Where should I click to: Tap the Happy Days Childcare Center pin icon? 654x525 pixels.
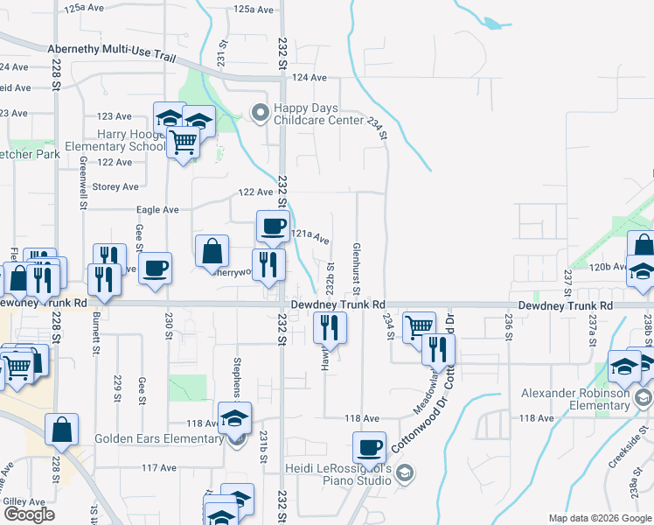(x=260, y=111)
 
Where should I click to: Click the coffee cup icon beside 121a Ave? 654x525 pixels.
(x=273, y=227)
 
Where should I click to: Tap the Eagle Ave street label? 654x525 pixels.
(x=157, y=210)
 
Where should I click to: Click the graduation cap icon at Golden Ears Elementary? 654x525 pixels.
(x=235, y=418)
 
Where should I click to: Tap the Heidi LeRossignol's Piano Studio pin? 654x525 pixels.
(x=404, y=473)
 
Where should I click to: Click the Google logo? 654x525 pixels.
(x=29, y=514)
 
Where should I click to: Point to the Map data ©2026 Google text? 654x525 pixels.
(x=599, y=518)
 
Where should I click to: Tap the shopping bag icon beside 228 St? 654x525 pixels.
(x=61, y=430)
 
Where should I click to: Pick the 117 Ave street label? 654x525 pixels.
(x=160, y=468)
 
